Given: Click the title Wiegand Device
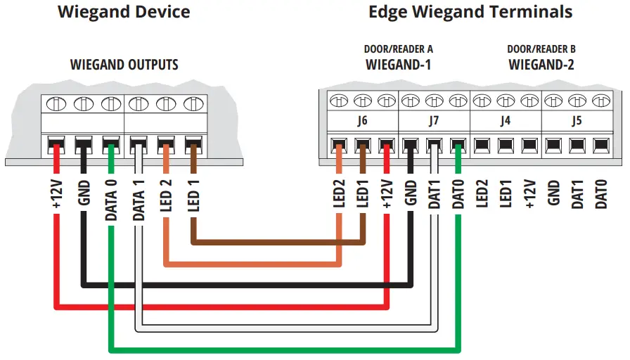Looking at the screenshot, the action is pyautogui.click(x=124, y=12).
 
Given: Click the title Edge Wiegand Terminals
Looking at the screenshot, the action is pyautogui.click(x=470, y=12).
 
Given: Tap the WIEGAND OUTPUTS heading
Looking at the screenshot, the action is pyautogui.click(x=124, y=65).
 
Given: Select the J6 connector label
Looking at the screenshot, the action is pyautogui.click(x=362, y=120).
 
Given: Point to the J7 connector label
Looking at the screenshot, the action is pyautogui.click(x=434, y=120).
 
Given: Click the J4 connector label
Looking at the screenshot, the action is pyautogui.click(x=505, y=120).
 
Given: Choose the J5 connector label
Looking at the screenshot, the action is pyautogui.click(x=577, y=120).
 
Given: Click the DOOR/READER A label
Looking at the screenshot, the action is pyautogui.click(x=398, y=49).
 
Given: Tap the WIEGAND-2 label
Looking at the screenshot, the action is pyautogui.click(x=541, y=65).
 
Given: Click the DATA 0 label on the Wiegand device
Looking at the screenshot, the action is pyautogui.click(x=111, y=200).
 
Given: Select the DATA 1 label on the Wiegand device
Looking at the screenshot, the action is pyautogui.click(x=139, y=200).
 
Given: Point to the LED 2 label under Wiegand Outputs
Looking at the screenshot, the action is pyautogui.click(x=165, y=195).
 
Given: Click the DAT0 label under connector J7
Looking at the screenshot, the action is pyautogui.click(x=458, y=194).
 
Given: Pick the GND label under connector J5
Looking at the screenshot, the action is pyautogui.click(x=553, y=193).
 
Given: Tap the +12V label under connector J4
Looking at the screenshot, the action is pyautogui.click(x=529, y=194).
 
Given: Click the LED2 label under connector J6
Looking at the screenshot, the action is pyautogui.click(x=339, y=193).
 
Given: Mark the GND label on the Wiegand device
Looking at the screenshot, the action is pyautogui.click(x=84, y=193).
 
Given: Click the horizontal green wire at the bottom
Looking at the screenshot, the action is pyautogui.click(x=285, y=350).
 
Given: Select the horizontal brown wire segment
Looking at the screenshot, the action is pyautogui.click(x=278, y=243).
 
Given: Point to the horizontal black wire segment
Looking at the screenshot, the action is pyautogui.click(x=247, y=285).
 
